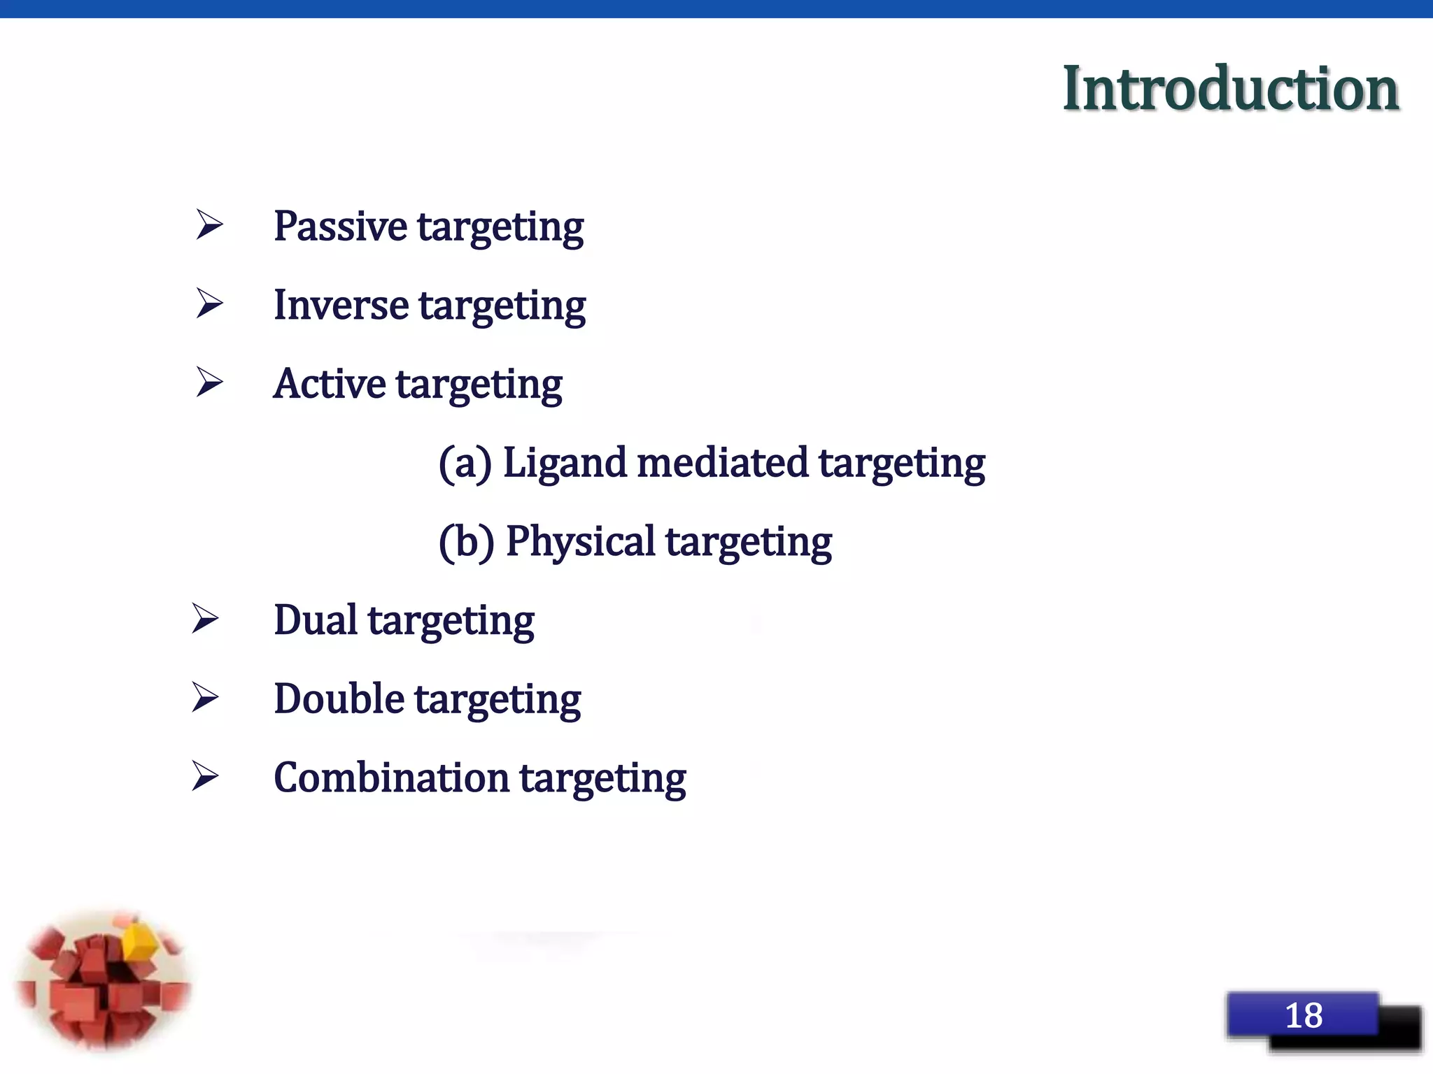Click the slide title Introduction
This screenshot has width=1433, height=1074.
click(1230, 88)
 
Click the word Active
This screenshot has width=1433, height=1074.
click(329, 384)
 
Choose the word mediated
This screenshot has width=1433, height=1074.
click(722, 463)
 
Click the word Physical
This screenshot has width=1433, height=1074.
click(580, 542)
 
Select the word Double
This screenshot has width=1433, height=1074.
click(339, 699)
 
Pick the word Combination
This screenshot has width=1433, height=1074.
click(391, 778)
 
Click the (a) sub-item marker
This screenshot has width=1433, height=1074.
click(465, 464)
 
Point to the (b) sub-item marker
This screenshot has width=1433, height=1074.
click(466, 542)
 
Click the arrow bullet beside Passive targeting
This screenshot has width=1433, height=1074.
click(209, 225)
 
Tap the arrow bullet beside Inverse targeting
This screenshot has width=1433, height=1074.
click(209, 303)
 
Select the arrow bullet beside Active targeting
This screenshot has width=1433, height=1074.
click(209, 382)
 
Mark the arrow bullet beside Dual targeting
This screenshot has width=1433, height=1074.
click(205, 620)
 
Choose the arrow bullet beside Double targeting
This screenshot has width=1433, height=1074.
click(205, 698)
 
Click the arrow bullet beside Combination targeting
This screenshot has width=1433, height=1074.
click(205, 777)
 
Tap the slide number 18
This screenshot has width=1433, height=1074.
click(1304, 1015)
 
